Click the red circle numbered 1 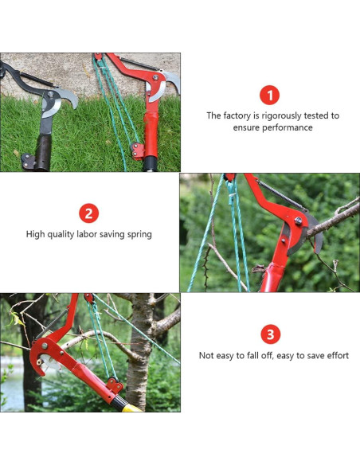coord(269,96)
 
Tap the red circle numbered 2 coord(89,213)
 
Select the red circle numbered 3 coord(271,334)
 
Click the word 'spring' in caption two coord(139,235)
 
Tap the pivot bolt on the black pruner coord(50,94)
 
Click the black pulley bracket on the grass coord(29,162)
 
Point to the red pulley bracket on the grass coord(138,151)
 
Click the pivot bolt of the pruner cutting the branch coord(298,221)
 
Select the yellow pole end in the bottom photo coord(131,408)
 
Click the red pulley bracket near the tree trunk coord(115,385)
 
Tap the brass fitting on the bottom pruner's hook coord(39,361)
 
